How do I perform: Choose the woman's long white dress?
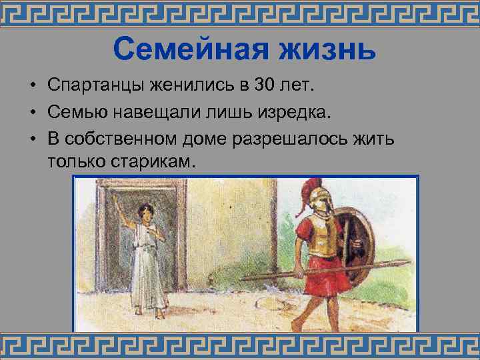click(x=148, y=267)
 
